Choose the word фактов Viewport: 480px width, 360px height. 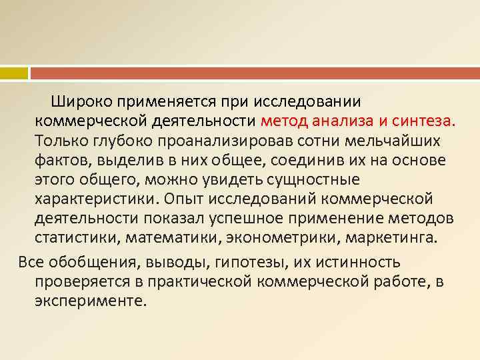click(63, 161)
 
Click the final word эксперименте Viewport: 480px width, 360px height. click(89, 301)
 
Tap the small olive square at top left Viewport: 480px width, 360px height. click(13, 72)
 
